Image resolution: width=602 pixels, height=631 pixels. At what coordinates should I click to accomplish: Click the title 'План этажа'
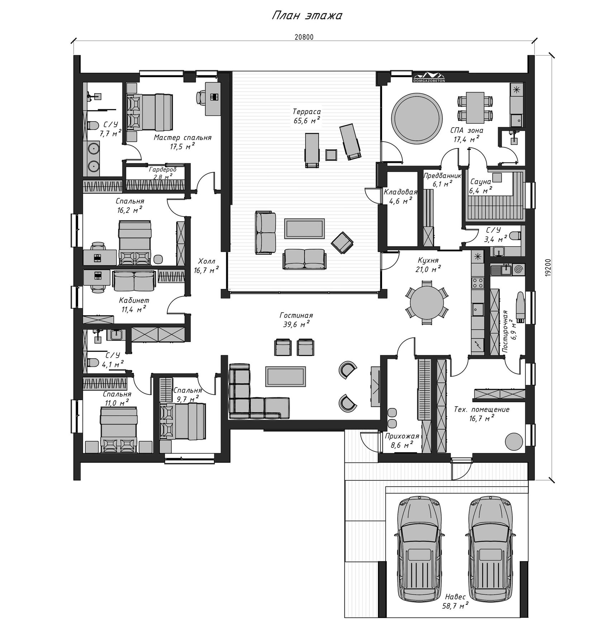[307, 15]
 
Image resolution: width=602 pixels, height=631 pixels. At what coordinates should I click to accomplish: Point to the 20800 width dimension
[304, 37]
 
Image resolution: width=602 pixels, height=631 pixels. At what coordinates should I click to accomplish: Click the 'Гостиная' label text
[296, 315]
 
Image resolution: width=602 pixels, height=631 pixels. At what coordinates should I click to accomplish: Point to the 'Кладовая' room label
[401, 192]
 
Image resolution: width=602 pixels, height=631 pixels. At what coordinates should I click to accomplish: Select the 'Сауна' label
[480, 182]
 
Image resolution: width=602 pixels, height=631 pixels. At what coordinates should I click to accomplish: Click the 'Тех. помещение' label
[482, 409]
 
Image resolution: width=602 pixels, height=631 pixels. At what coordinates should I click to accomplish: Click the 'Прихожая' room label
[402, 436]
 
